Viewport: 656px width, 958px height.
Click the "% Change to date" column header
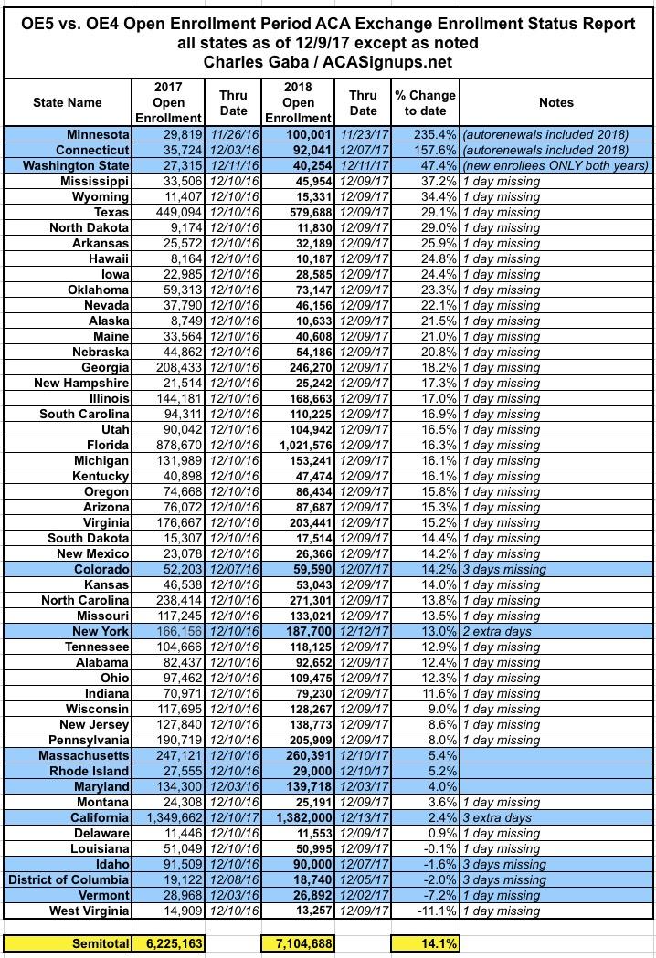[425, 103]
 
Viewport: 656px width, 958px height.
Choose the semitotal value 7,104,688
[298, 942]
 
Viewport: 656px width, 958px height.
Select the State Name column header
[68, 103]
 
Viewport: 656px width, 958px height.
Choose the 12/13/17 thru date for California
[363, 818]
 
